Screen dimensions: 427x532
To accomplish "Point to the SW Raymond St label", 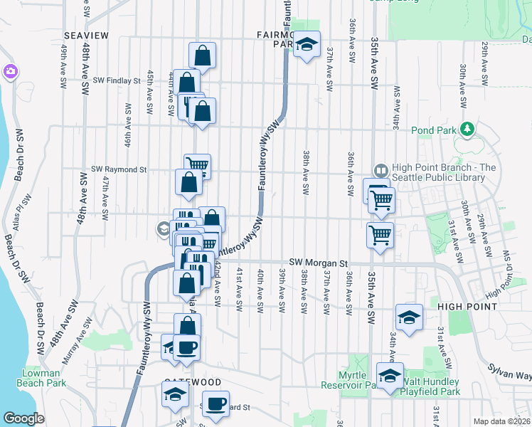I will tap(119, 170).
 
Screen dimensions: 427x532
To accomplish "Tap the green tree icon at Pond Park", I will tap(467, 130).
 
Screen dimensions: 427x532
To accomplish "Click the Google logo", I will tap(23, 418).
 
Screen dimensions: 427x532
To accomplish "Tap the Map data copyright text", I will tap(501, 421).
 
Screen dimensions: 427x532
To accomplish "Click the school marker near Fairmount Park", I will tap(307, 44).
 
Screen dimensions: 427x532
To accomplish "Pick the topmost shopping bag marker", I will tap(203, 55).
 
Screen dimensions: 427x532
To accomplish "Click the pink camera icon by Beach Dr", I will tap(10, 72).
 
